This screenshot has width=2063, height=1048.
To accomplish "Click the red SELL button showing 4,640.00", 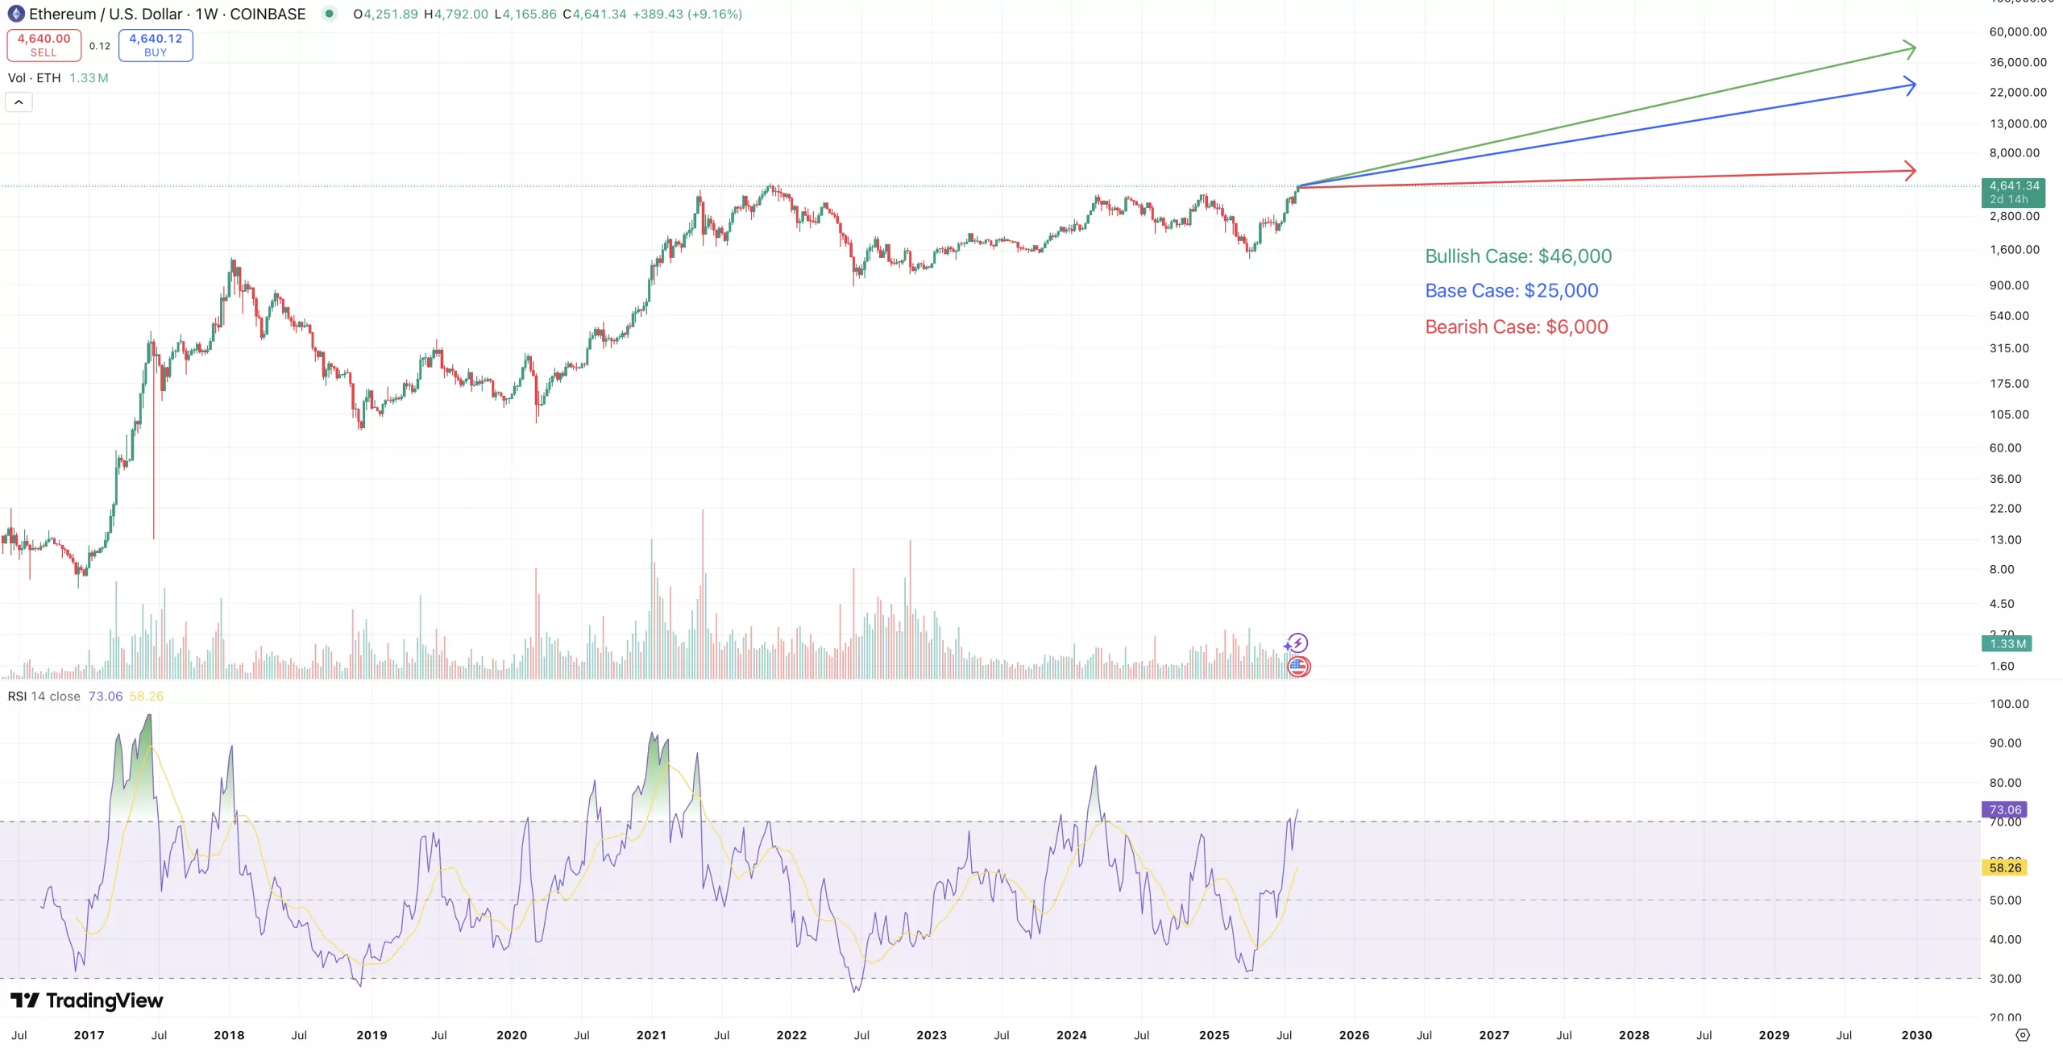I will [x=44, y=45].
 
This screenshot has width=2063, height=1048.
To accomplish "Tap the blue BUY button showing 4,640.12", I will [x=156, y=45].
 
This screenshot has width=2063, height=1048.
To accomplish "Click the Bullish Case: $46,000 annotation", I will [x=1518, y=256].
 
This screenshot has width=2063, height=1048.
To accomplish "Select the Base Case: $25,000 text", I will [x=1512, y=291].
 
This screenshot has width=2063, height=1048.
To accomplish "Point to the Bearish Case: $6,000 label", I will [x=1517, y=327].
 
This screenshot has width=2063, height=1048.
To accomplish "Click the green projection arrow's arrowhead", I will [x=1911, y=49].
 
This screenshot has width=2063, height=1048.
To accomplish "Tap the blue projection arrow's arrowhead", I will [x=1911, y=85].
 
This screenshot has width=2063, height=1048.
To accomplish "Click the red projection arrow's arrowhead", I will [x=1911, y=170].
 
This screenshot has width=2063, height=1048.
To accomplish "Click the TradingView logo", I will [x=87, y=1000].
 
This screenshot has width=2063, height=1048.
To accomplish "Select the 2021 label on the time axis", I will [x=651, y=1035].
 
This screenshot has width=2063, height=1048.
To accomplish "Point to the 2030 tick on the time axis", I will [x=1916, y=1035].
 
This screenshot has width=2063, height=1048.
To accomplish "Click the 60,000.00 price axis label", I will [x=2018, y=32].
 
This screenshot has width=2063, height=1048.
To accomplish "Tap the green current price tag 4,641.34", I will [x=2013, y=192].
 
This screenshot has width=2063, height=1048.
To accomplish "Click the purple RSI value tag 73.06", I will [x=2004, y=809].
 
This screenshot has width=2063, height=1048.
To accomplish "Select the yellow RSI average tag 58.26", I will [x=2004, y=867].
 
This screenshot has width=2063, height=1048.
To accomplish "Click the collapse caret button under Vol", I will [x=19, y=102].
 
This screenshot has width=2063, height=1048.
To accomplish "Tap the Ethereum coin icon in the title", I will [x=15, y=14].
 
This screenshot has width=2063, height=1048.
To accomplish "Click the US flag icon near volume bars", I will [x=1298, y=667].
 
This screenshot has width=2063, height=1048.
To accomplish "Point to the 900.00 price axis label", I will [x=2009, y=285].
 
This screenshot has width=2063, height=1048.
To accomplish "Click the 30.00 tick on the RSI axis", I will [x=2005, y=979].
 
